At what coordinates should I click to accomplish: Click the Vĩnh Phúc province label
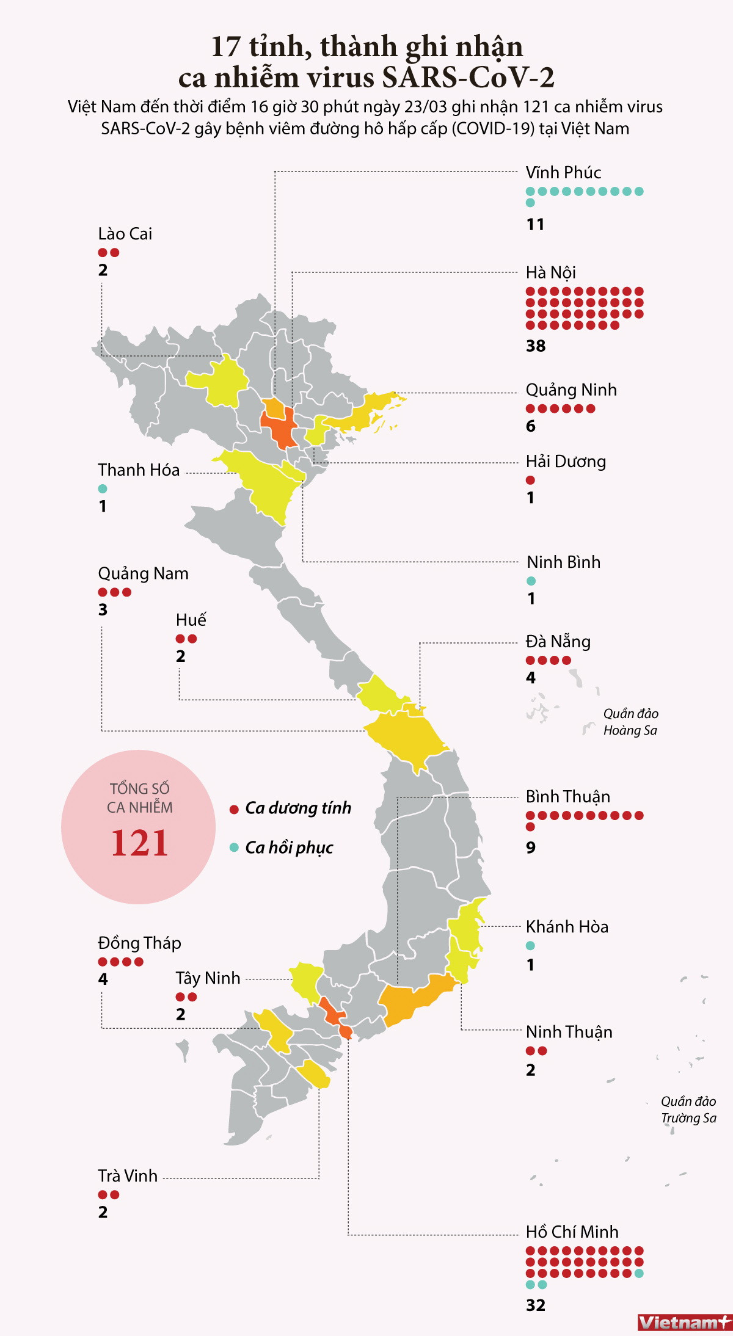point(563,173)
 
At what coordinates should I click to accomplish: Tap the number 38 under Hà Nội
point(536,346)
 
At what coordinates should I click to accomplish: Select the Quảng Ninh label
point(571,390)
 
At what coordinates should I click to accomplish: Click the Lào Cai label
point(125,234)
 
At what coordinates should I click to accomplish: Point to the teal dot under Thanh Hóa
point(103,488)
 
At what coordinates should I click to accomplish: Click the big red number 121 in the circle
point(139,843)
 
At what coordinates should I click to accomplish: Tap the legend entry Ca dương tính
point(297,808)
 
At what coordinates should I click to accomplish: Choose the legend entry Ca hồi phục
point(288,848)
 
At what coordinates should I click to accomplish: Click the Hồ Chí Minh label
point(572,1232)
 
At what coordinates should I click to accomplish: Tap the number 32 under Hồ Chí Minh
point(536,1305)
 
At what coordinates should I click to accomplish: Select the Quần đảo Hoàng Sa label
point(630,722)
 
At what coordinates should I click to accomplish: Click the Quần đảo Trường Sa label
point(688,1109)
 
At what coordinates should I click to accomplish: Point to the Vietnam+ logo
point(684,1323)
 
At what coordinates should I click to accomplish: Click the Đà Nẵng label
point(558,642)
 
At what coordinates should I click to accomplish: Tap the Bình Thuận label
point(567,797)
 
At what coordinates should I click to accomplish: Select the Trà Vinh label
point(128,1176)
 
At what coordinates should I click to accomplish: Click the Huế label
point(191,620)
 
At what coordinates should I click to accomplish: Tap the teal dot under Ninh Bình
point(531,581)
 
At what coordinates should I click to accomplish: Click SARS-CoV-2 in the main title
point(468,78)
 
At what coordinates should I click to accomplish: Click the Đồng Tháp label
point(139,943)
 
